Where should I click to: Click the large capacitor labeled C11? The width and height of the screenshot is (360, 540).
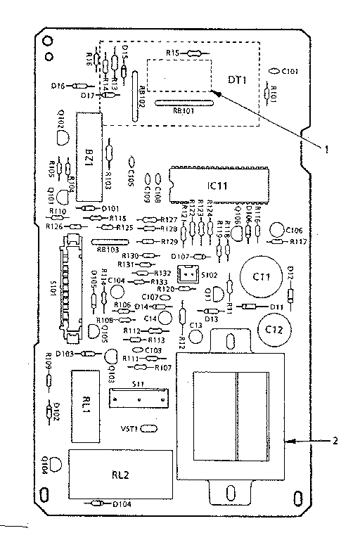click(256, 276)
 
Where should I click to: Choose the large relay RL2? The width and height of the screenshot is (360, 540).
click(122, 473)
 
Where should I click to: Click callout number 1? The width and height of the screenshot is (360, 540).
click(326, 148)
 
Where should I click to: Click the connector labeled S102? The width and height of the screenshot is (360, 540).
click(186, 276)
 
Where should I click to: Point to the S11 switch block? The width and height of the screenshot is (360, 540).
click(139, 398)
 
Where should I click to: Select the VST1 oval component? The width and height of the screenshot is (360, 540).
click(150, 428)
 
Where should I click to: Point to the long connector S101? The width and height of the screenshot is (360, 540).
click(71, 285)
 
